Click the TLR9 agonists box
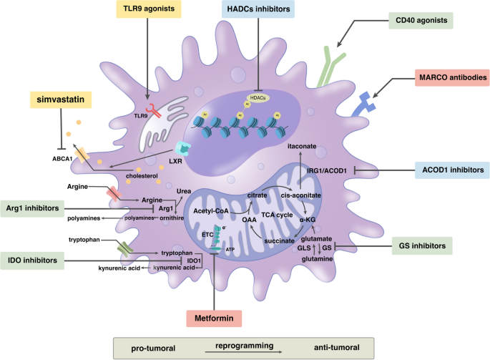point(150,10)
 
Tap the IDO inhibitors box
point(31,259)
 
